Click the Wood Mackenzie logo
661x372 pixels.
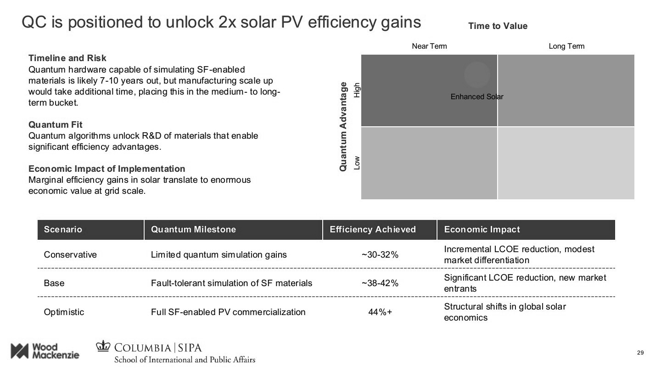coord(45,351)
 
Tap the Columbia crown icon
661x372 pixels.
coord(104,346)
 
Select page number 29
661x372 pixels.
coord(641,353)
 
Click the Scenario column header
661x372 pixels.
coord(63,230)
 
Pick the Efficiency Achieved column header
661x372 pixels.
coord(372,230)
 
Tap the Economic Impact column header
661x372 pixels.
coord(482,230)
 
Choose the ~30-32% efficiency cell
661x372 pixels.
coord(380,255)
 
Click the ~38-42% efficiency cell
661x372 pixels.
coord(380,283)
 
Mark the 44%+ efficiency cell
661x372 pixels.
coord(380,312)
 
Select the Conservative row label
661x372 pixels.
coord(70,255)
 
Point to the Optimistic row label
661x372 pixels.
coord(64,312)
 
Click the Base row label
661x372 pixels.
coord(54,283)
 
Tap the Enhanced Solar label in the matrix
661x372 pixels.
coord(477,97)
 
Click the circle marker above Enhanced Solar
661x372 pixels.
coord(477,74)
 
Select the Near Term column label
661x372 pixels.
coord(429,46)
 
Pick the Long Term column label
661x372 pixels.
coord(566,46)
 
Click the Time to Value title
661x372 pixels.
coord(498,26)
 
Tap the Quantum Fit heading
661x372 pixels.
coord(56,125)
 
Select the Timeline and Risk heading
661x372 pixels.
coord(67,58)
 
